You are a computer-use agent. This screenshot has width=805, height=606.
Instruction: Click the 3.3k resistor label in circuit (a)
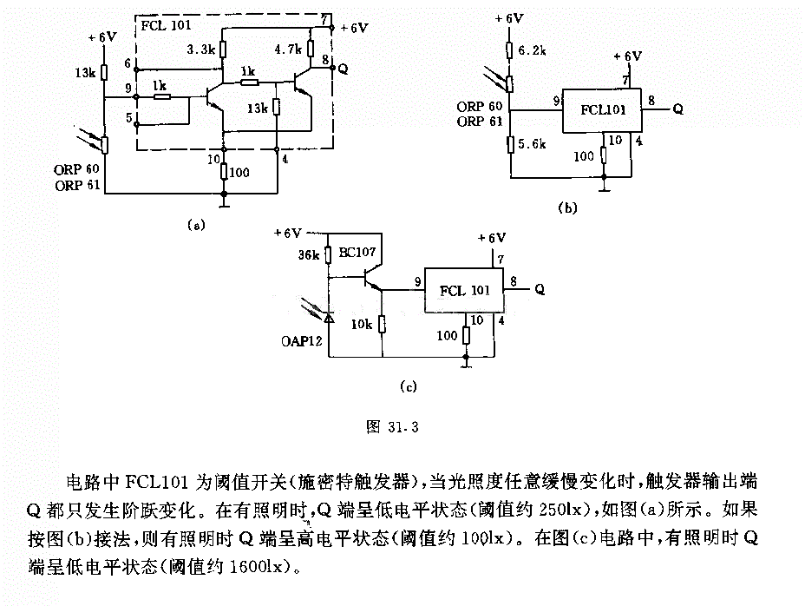(200, 49)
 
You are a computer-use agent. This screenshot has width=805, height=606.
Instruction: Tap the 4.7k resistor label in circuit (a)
(287, 49)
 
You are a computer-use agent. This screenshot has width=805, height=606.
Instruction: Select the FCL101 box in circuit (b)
(602, 110)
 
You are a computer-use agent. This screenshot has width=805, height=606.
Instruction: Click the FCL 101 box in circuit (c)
(463, 290)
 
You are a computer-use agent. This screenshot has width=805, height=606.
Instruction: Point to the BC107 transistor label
(357, 253)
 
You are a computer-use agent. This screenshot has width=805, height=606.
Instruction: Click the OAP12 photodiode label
(301, 341)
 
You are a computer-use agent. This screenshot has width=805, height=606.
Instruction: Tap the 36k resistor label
(309, 255)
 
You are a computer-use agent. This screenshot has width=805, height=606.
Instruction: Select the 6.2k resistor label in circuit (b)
(532, 50)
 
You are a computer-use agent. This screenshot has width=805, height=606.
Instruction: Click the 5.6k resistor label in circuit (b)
(532, 144)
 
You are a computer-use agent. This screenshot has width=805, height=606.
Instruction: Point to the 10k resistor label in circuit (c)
(362, 325)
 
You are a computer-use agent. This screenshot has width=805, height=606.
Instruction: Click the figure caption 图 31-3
(392, 426)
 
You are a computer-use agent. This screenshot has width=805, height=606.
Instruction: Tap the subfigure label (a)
(196, 225)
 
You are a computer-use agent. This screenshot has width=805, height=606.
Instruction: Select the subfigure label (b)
(568, 207)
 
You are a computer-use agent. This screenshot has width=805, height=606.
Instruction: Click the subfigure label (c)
(409, 386)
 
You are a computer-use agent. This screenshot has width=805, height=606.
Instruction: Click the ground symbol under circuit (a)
(224, 203)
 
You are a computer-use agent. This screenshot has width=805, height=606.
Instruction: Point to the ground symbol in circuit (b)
(605, 187)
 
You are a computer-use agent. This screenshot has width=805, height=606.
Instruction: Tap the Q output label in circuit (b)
(677, 109)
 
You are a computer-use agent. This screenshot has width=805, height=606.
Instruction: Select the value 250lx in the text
(560, 510)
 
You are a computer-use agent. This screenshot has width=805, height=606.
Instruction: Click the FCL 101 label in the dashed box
(166, 24)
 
